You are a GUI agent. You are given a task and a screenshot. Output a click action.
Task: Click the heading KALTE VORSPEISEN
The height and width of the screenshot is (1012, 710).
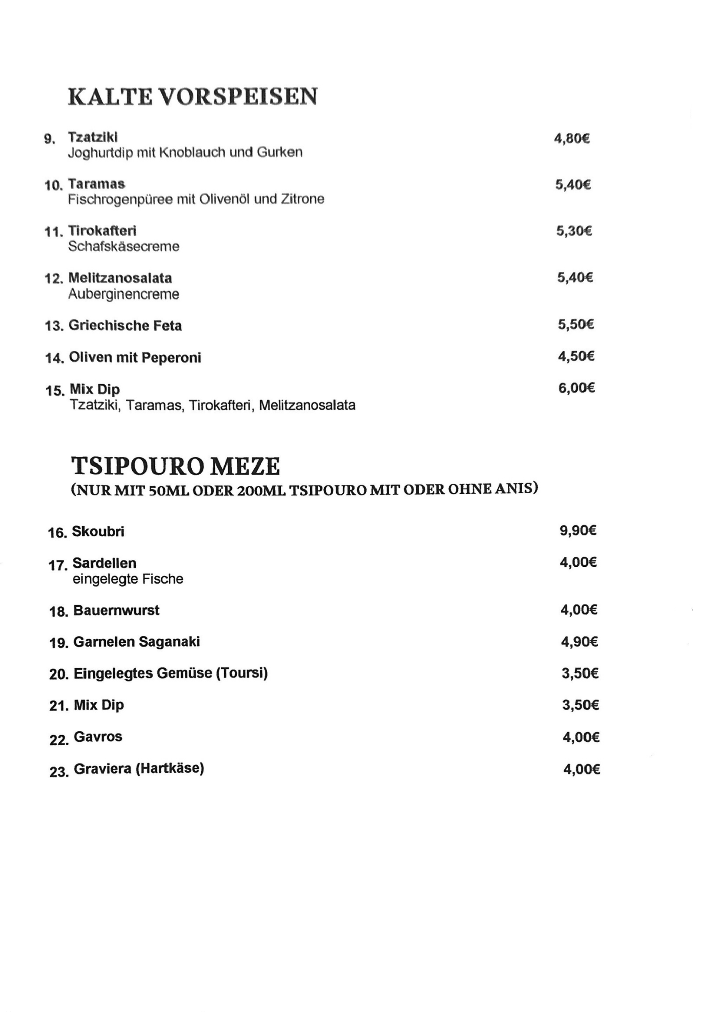click(x=193, y=96)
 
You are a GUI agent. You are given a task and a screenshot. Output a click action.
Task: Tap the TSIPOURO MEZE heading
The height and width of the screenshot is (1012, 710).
click(x=175, y=466)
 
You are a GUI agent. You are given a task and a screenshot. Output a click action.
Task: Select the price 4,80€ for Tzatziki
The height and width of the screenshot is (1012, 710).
click(x=572, y=138)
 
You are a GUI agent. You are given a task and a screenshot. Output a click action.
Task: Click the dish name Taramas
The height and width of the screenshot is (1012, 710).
click(x=97, y=184)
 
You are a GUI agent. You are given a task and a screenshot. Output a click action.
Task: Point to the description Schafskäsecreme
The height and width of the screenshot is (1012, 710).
click(x=123, y=247)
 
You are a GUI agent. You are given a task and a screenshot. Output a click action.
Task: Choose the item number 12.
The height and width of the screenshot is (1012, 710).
click(x=53, y=279)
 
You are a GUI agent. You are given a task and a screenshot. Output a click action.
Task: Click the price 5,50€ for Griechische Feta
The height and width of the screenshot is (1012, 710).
click(x=575, y=324)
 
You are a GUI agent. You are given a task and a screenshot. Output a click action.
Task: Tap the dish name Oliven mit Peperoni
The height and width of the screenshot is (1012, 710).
click(x=135, y=358)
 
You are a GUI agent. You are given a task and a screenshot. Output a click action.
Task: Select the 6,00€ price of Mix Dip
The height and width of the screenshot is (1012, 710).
click(x=576, y=388)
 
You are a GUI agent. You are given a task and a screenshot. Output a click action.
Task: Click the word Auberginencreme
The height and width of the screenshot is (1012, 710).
click(x=123, y=294)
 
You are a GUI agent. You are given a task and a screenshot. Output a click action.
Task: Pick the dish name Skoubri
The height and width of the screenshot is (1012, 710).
click(x=98, y=531)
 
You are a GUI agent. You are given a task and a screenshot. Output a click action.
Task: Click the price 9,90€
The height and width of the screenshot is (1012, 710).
click(x=578, y=530)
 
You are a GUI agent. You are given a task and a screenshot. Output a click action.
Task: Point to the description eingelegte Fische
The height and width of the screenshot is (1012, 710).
click(x=128, y=579)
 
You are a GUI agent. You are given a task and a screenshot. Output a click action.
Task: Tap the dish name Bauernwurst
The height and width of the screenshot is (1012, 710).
click(x=116, y=610)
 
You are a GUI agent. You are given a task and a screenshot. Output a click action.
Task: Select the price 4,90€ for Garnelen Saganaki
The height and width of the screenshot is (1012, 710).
click(x=579, y=642)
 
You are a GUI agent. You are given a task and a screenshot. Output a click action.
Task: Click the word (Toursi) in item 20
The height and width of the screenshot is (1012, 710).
click(x=241, y=673)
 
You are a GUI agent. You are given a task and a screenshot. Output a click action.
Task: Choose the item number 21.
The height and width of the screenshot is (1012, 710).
click(x=58, y=706)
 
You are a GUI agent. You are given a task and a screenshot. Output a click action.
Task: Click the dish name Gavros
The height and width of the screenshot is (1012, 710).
click(x=98, y=737)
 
